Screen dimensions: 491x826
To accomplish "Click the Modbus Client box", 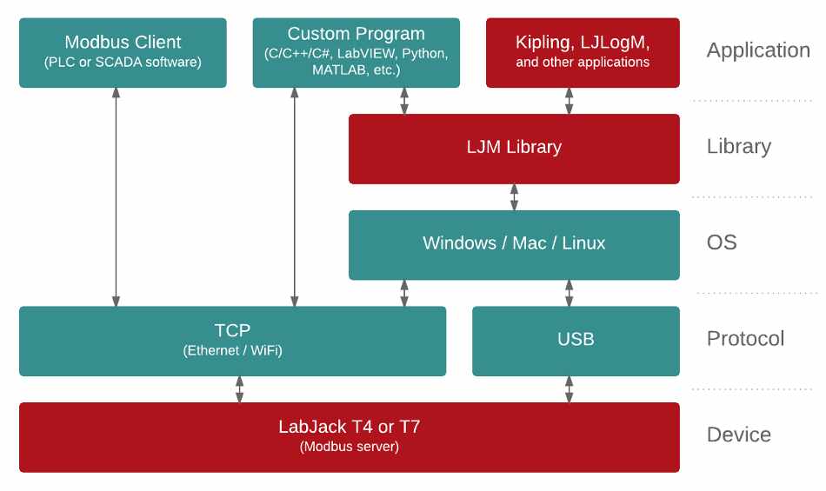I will [123, 52].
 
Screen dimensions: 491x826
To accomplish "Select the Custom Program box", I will [356, 52].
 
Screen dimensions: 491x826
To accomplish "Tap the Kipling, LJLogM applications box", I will [583, 52].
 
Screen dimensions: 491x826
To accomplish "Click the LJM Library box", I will [514, 148].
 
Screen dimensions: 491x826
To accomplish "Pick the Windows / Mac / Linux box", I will [514, 244].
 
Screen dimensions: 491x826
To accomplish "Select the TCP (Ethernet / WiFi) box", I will [232, 340].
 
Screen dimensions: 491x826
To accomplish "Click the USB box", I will [576, 340].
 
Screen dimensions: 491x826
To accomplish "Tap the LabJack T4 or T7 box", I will [349, 436].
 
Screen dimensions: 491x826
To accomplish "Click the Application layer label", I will [758, 50].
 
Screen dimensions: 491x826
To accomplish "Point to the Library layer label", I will [738, 146].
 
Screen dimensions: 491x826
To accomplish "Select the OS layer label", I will [722, 242].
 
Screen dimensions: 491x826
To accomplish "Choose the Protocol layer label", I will [745, 338].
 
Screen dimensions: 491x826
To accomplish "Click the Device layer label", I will [738, 435].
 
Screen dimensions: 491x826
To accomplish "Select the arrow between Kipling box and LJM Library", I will [570, 101].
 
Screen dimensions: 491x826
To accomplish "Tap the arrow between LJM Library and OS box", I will [514, 196].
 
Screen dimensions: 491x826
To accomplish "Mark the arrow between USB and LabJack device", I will [570, 388].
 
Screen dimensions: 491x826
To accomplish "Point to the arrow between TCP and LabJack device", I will [239, 388].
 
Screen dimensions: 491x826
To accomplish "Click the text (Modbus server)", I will [349, 448].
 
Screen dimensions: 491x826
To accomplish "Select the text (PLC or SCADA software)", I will [123, 63].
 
